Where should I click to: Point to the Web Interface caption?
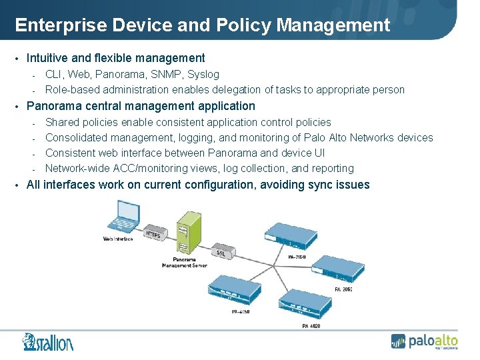pyautogui.click(x=118, y=239)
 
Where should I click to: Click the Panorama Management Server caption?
pyautogui.click(x=184, y=262)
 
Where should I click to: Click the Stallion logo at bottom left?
pyautogui.click(x=47, y=341)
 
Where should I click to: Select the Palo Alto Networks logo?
pyautogui.click(x=424, y=341)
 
